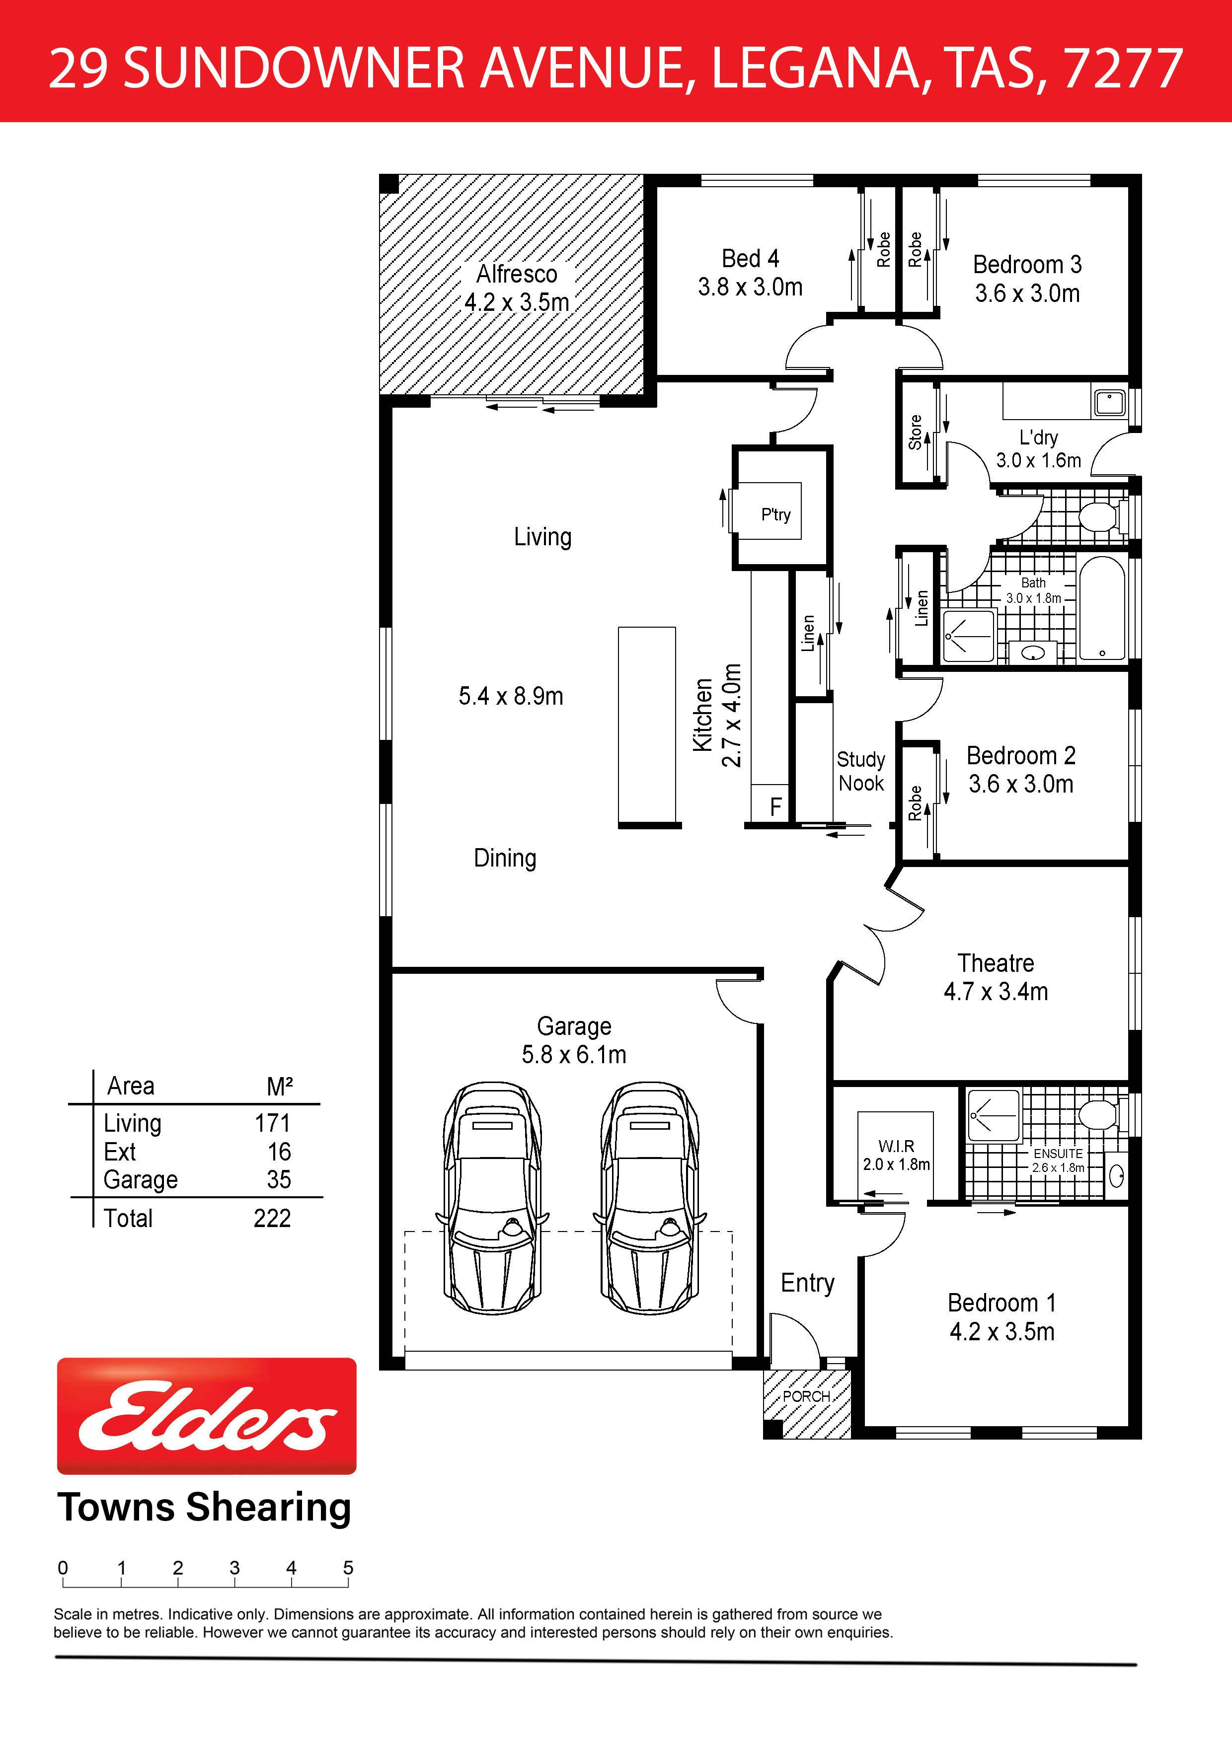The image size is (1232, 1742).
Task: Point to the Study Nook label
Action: click(x=861, y=771)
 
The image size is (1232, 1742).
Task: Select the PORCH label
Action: click(x=806, y=1396)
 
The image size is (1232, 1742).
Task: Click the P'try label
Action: click(x=776, y=514)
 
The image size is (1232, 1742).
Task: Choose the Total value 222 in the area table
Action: click(x=272, y=1218)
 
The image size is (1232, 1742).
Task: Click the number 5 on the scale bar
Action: click(x=348, y=1568)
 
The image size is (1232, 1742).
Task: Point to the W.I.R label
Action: click(x=896, y=1146)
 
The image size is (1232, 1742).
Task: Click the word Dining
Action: click(x=505, y=858)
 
